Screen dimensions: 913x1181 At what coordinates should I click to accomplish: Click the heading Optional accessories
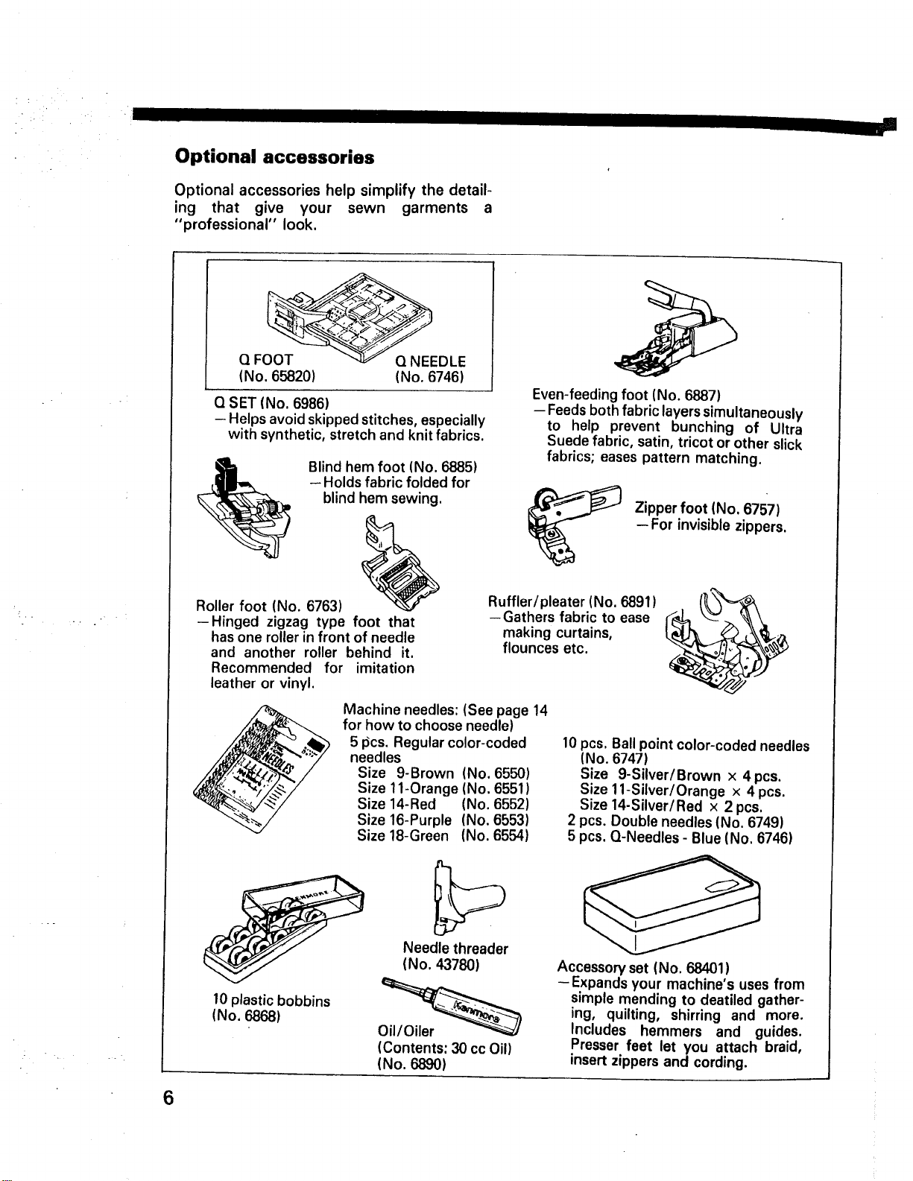coord(274,157)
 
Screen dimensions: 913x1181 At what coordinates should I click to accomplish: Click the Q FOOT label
coord(266,360)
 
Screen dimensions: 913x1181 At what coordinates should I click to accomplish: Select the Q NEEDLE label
coord(431,361)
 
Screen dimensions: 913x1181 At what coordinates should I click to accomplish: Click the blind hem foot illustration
coord(244,508)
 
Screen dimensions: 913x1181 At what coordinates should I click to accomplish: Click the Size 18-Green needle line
coord(443,835)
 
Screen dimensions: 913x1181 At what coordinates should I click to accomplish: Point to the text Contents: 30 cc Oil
coord(445,1048)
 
